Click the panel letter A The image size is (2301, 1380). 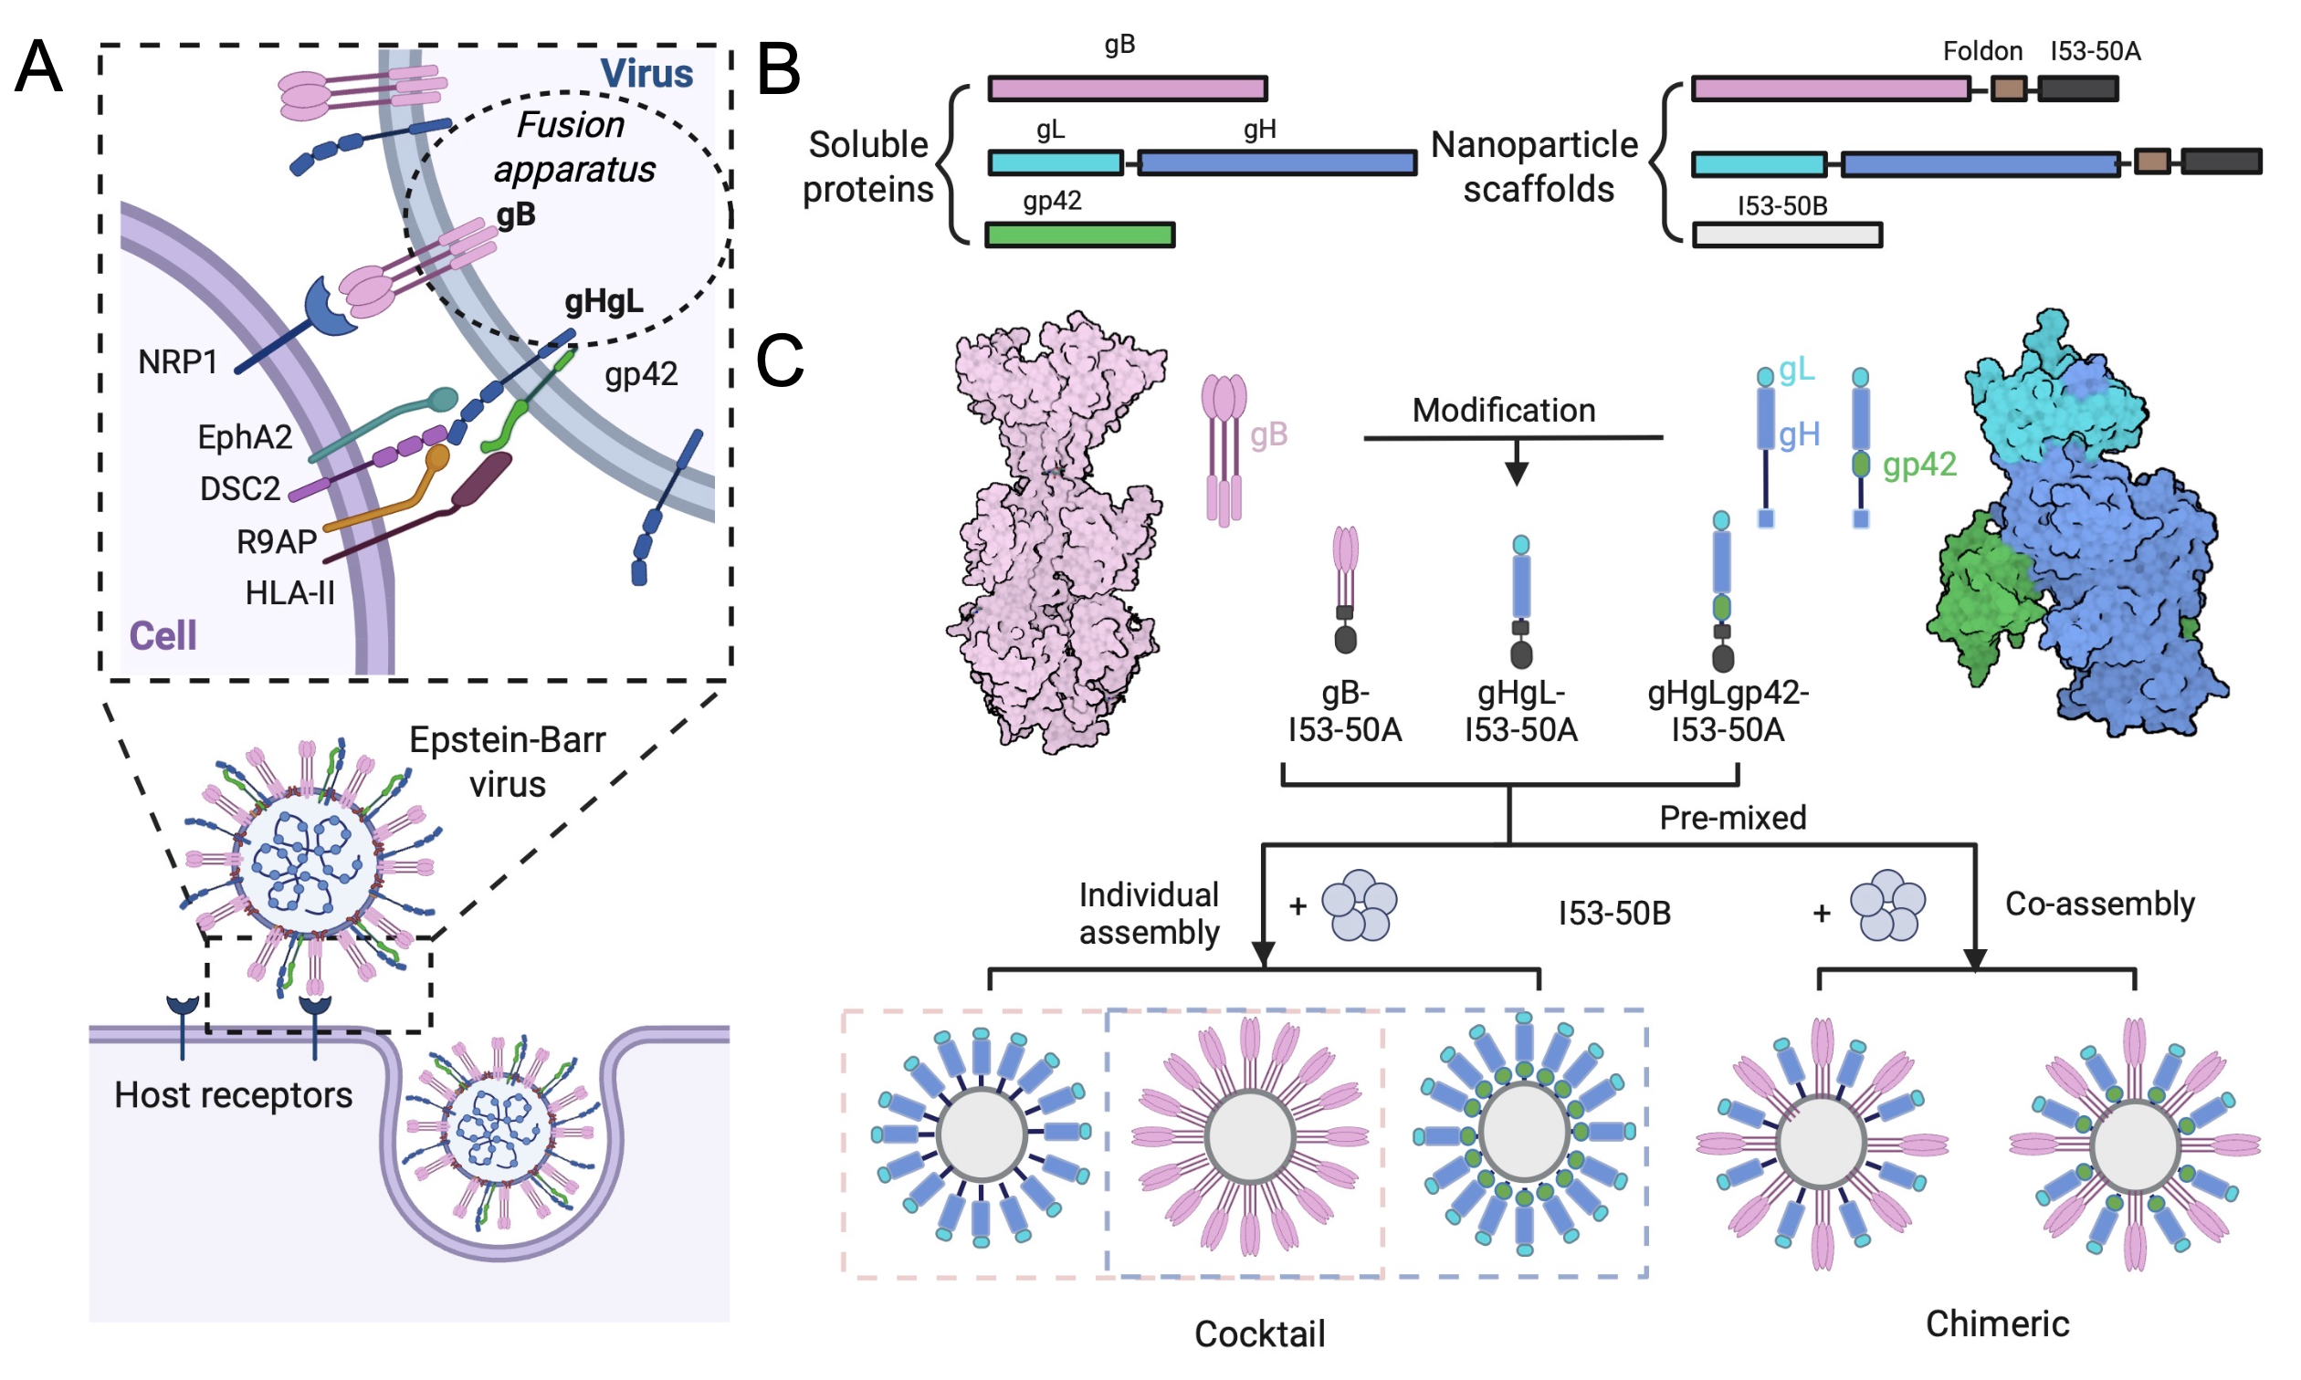38,67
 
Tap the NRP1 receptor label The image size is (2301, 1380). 178,361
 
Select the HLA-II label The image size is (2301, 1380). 289,593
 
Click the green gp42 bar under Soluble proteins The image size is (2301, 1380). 1079,235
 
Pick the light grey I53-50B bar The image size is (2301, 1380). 1786,235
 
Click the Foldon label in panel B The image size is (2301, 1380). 1982,51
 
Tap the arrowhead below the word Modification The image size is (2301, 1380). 1516,475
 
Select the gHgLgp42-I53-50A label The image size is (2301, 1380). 1728,711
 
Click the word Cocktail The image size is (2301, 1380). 1259,1333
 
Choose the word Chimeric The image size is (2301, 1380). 1997,1323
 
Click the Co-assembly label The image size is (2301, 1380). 2099,903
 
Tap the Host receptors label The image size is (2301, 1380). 234,1094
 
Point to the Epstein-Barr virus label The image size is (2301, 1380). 507,761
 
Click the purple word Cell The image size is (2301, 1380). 163,636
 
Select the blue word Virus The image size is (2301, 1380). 646,73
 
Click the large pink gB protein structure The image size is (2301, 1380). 1056,530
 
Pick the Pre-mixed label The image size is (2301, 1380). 1732,818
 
